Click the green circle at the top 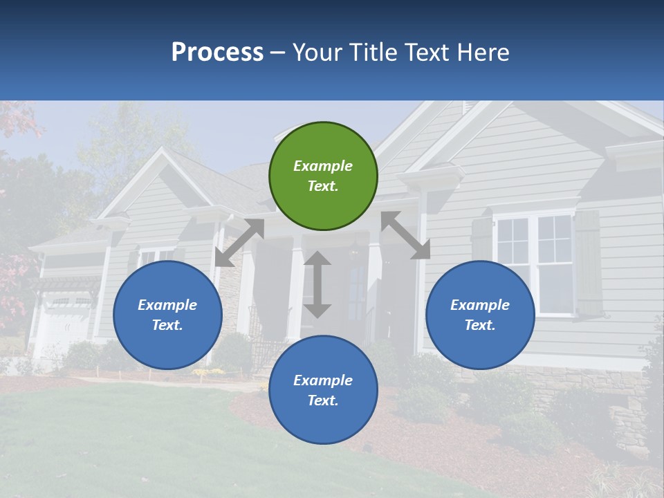323,176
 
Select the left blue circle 167,315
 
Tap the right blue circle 480,315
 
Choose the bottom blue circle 323,389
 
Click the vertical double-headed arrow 317,284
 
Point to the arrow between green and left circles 239,243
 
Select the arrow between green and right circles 405,235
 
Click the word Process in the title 217,52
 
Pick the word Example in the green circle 323,166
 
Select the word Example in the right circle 480,305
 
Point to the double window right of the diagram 534,263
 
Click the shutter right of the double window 589,263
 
